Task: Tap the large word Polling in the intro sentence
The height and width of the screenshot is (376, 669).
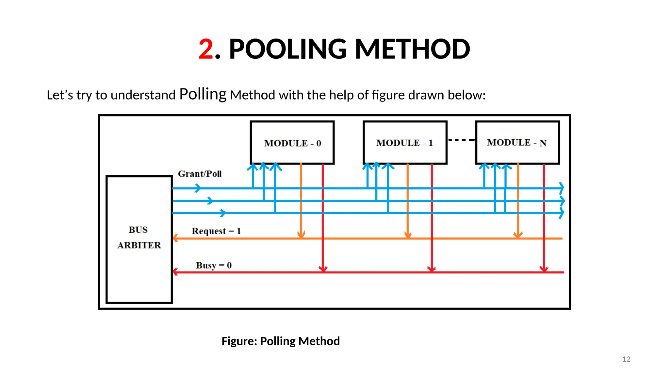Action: click(203, 94)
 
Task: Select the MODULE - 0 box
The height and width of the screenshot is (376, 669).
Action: click(292, 143)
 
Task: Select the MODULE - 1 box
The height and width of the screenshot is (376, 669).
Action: click(405, 143)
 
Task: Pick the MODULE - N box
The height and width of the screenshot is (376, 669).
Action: click(517, 143)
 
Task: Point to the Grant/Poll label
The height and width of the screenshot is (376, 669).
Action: click(200, 174)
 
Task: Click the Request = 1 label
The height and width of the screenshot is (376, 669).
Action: click(216, 231)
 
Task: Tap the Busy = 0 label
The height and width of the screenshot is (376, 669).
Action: click(214, 265)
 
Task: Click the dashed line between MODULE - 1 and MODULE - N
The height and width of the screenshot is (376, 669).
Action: click(461, 140)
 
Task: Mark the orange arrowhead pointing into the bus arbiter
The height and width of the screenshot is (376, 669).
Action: click(175, 238)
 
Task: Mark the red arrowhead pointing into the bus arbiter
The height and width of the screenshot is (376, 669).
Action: click(175, 272)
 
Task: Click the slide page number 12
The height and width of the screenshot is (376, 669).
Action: click(626, 359)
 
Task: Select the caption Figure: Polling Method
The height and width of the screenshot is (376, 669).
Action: click(281, 341)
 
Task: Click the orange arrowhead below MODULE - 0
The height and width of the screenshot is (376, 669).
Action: click(301, 234)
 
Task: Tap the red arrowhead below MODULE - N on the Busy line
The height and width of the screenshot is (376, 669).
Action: click(544, 269)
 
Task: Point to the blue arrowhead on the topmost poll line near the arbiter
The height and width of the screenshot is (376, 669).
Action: click(198, 188)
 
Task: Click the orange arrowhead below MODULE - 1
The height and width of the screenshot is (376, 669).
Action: click(408, 234)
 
